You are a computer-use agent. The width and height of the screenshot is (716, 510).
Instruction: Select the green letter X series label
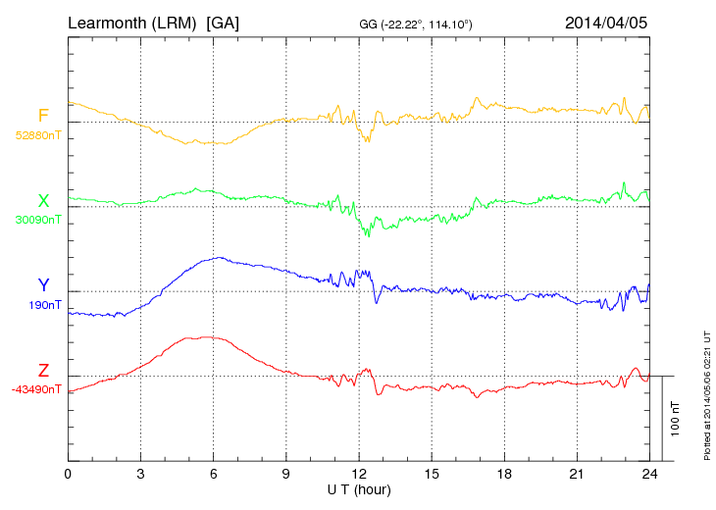pyautogui.click(x=43, y=201)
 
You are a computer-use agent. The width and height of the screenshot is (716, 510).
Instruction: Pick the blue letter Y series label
pyautogui.click(x=43, y=285)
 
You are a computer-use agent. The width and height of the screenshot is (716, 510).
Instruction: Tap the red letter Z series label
pyautogui.click(x=43, y=371)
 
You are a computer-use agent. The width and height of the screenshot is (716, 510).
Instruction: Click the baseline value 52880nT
pyautogui.click(x=38, y=135)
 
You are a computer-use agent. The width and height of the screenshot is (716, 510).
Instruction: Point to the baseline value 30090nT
pyautogui.click(x=38, y=220)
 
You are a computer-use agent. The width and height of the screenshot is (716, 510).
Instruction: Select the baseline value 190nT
pyautogui.click(x=45, y=305)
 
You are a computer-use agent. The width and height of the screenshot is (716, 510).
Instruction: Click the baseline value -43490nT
pyautogui.click(x=36, y=389)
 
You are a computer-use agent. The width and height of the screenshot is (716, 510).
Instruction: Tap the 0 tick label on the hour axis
pyautogui.click(x=68, y=475)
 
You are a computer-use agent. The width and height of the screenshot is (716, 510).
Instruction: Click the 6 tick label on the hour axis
pyautogui.click(x=214, y=475)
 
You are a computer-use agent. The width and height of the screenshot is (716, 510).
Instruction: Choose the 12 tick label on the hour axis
pyautogui.click(x=359, y=475)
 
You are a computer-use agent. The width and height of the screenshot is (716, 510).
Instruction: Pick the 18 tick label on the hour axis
pyautogui.click(x=505, y=475)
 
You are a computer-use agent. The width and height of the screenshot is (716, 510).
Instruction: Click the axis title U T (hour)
pyautogui.click(x=359, y=489)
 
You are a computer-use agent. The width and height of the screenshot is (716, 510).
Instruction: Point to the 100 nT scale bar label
pyautogui.click(x=676, y=418)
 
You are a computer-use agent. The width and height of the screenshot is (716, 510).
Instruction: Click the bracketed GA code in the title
pyautogui.click(x=223, y=22)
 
